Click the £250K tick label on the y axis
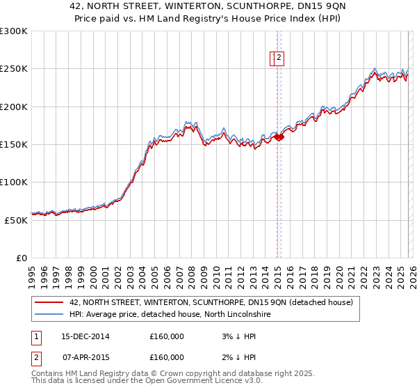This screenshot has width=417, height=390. click(14, 69)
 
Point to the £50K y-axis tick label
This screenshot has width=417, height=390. click(16, 220)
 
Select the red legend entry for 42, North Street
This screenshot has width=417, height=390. click(211, 302)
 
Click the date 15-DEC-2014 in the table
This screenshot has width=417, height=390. click(85, 336)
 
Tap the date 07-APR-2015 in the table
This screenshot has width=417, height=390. click(85, 357)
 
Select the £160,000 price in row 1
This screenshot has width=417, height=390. click(167, 336)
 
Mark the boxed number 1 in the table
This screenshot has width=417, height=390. click(35, 336)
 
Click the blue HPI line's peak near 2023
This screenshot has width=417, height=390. click(375, 68)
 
